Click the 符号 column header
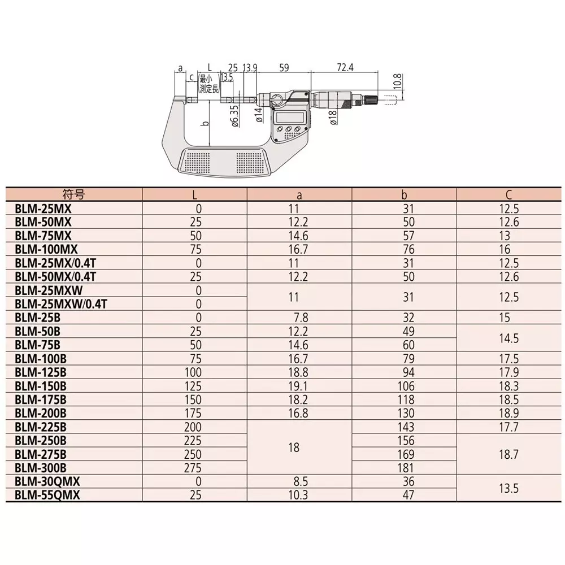73,195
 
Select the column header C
508,195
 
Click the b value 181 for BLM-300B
405,468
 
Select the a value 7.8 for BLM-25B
299,318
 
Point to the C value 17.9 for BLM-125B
508,372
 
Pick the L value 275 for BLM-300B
194,468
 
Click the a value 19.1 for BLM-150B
299,386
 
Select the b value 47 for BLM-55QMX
405,496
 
